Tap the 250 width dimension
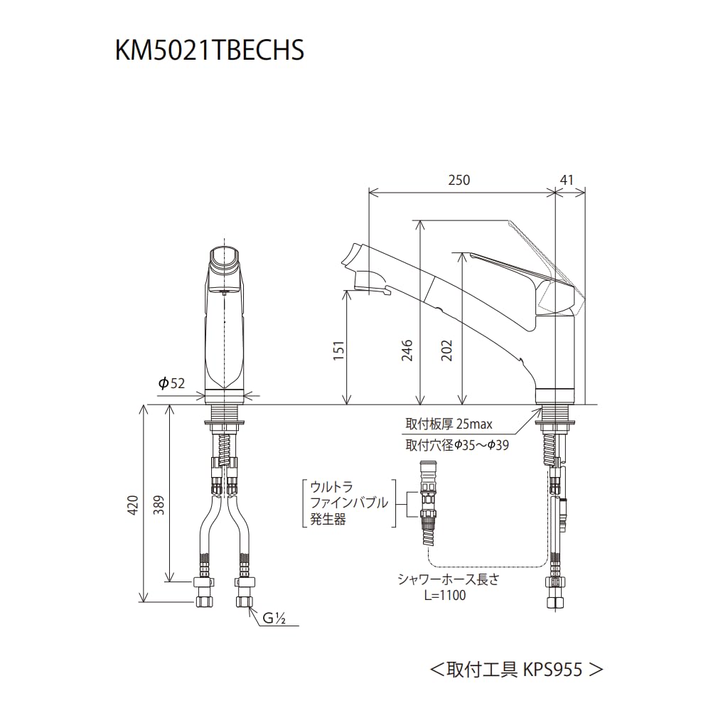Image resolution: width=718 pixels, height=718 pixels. point(459,181)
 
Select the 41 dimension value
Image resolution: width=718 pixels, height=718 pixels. point(567,181)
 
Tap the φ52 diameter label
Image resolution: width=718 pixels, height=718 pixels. point(171,383)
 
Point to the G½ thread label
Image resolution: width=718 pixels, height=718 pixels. point(274,618)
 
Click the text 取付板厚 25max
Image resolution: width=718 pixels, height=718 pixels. point(449,424)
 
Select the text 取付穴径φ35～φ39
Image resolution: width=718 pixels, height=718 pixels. point(457,445)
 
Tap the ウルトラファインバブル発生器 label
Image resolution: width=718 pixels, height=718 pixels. point(348,503)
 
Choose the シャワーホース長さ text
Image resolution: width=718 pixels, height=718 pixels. point(448,579)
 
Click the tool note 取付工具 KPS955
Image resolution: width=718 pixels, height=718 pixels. point(516,669)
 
